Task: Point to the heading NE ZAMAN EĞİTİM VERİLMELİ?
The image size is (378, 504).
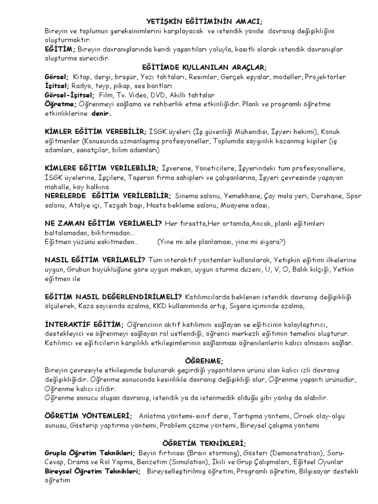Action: [103, 223]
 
